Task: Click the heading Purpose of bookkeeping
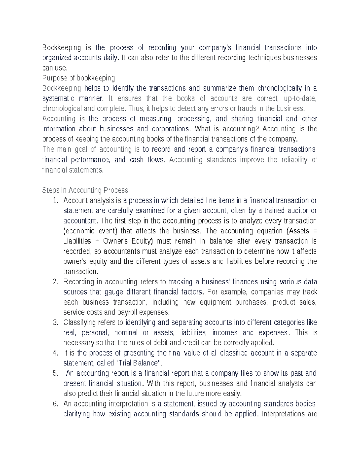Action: click(78, 78)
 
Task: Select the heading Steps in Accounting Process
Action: click(85, 190)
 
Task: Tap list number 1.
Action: click(55, 200)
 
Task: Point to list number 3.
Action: click(55, 323)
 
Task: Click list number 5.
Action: click(55, 373)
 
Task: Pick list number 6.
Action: click(55, 404)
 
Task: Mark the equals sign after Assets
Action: click(314, 231)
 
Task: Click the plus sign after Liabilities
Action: click(97, 241)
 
